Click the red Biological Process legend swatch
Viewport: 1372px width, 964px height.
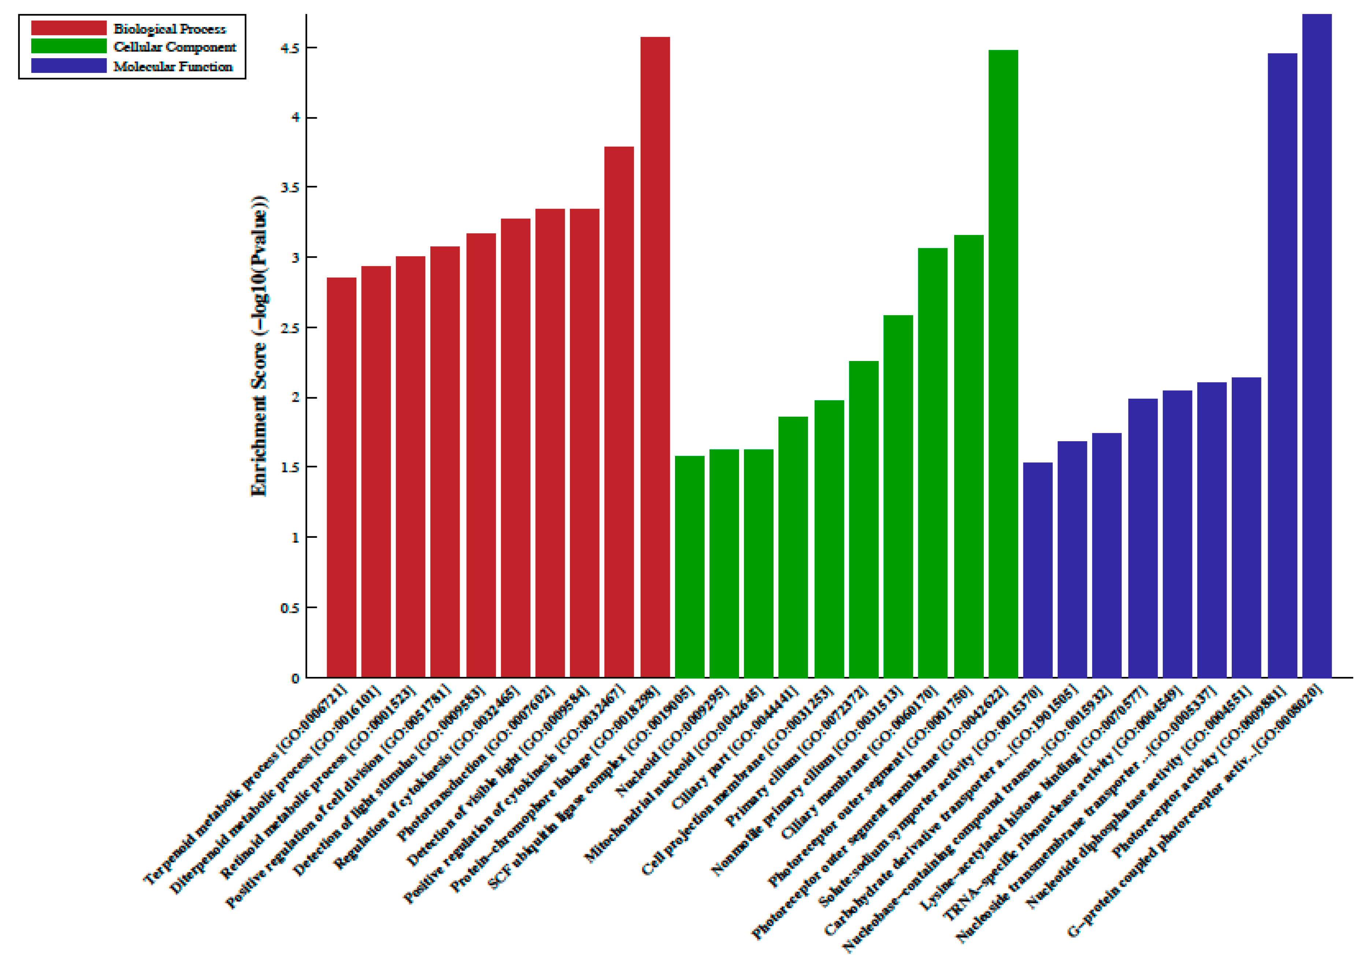click(69, 28)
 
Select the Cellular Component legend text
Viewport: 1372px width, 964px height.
click(174, 47)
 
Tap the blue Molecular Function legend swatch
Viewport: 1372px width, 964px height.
click(69, 66)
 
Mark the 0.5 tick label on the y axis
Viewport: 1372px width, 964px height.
click(290, 608)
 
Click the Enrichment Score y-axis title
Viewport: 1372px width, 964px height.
click(259, 346)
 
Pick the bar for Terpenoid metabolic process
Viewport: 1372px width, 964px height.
click(341, 478)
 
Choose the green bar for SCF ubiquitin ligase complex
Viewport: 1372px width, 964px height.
click(690, 567)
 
